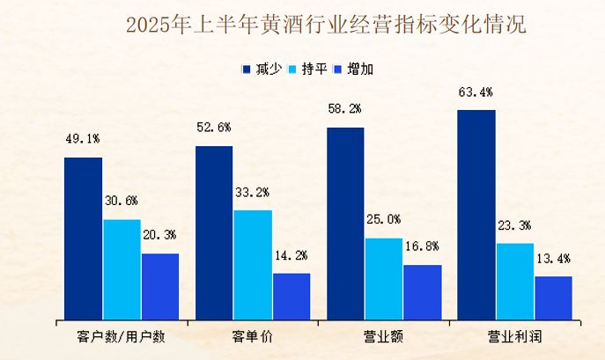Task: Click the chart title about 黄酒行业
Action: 326,24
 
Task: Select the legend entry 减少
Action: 263,68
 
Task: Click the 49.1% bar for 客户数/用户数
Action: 83,238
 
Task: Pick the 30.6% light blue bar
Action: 122,268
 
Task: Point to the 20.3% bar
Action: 160,286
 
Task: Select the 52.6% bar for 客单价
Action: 214,232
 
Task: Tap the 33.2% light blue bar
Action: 253,264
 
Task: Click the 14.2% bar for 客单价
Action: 291,296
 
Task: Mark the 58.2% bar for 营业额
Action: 344,223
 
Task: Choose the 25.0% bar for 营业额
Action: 383,278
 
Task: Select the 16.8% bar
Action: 422,291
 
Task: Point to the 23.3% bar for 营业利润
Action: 515,281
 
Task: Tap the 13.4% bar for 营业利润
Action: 553,297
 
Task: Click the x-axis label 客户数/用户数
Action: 122,337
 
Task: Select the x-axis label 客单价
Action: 253,337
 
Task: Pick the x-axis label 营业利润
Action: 515,337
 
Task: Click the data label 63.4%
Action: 476,92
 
